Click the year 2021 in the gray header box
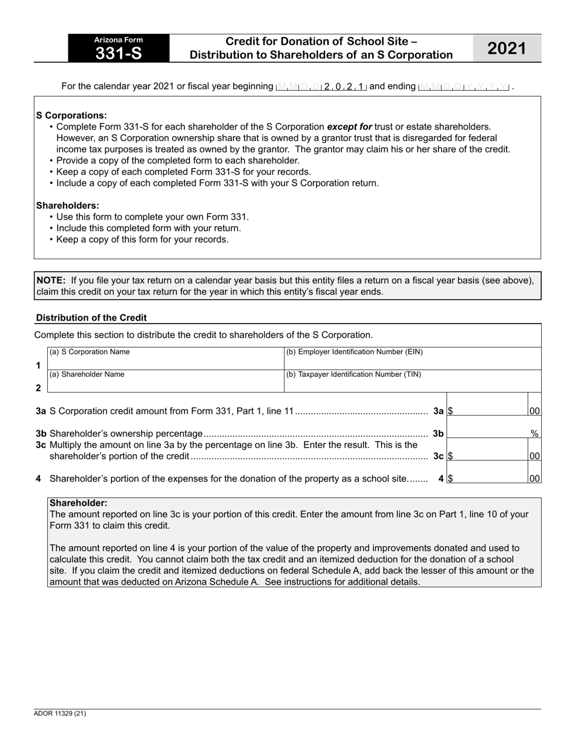tap(507, 48)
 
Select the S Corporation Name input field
tap(165, 362)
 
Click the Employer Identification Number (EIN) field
tap(412, 362)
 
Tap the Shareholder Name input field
tap(165, 385)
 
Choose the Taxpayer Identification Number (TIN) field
tap(412, 385)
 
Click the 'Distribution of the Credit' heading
tap(91, 318)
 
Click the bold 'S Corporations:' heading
tap(71, 115)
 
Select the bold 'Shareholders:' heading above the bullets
tap(68, 206)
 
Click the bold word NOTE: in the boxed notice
tap(51, 280)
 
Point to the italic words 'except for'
tap(349, 127)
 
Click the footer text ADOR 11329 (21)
tap(60, 714)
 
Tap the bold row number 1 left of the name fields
tap(39, 365)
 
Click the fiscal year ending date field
tap(464, 86)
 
